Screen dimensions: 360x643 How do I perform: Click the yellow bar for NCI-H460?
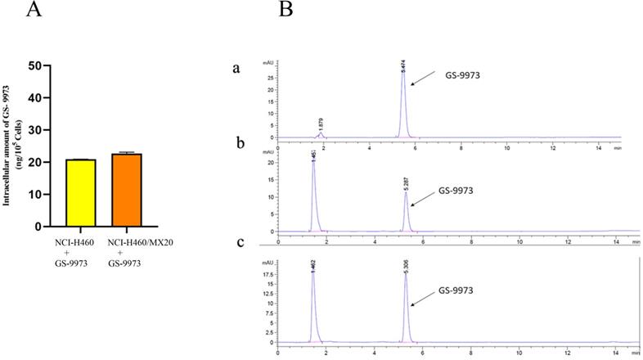point(82,193)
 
